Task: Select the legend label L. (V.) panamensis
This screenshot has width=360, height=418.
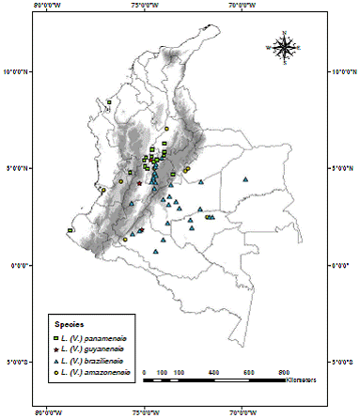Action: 96,336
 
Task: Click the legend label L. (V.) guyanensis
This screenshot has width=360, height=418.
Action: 95,348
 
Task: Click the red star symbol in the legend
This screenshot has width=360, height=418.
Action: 56,348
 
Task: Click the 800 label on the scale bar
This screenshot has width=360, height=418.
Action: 283,373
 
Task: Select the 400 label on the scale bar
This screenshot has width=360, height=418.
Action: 213,373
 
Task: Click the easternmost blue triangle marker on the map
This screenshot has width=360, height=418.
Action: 245,179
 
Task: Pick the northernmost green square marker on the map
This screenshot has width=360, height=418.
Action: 109,101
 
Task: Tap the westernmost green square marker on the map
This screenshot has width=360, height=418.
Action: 70,230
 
